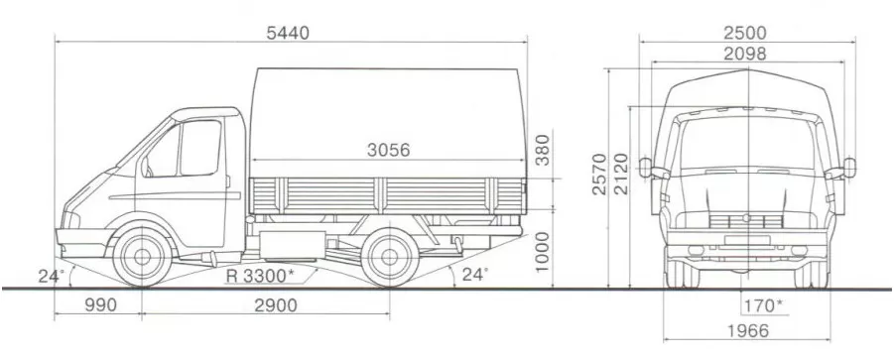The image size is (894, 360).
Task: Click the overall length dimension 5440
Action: (x=288, y=33)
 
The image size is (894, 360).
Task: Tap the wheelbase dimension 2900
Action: (x=276, y=305)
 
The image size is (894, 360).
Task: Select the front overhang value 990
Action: (x=101, y=305)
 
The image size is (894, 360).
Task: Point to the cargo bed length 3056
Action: (x=388, y=150)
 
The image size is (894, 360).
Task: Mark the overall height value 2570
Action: (x=599, y=174)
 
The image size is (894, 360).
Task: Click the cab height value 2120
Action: (x=620, y=174)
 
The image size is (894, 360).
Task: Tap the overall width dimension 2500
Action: (x=745, y=33)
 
